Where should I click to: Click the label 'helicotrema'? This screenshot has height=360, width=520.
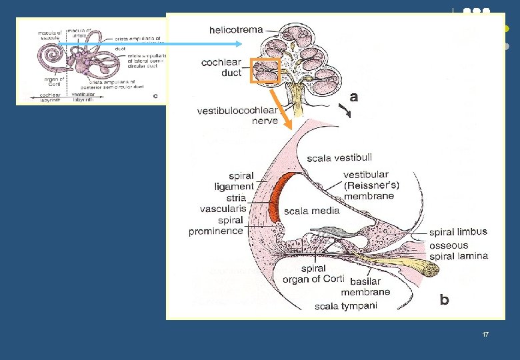click(x=236, y=30)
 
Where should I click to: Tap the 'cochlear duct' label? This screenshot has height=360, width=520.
click(x=221, y=67)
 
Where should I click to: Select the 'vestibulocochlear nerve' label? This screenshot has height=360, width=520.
click(x=237, y=115)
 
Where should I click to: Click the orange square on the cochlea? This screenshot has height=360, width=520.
click(x=264, y=70)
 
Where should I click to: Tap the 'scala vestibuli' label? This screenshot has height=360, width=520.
click(x=337, y=158)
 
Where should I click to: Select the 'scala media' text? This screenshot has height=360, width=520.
click(x=311, y=211)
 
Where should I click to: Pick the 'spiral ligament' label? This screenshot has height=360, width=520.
click(x=233, y=181)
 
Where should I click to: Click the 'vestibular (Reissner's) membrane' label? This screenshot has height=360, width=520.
click(x=369, y=185)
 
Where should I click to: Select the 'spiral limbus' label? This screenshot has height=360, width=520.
click(x=458, y=232)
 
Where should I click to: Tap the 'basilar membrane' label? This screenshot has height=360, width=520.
click(x=365, y=286)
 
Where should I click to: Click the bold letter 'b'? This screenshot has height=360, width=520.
click(x=444, y=300)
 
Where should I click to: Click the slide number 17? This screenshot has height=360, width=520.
click(x=485, y=333)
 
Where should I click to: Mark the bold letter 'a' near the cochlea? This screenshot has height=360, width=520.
click(x=353, y=97)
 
